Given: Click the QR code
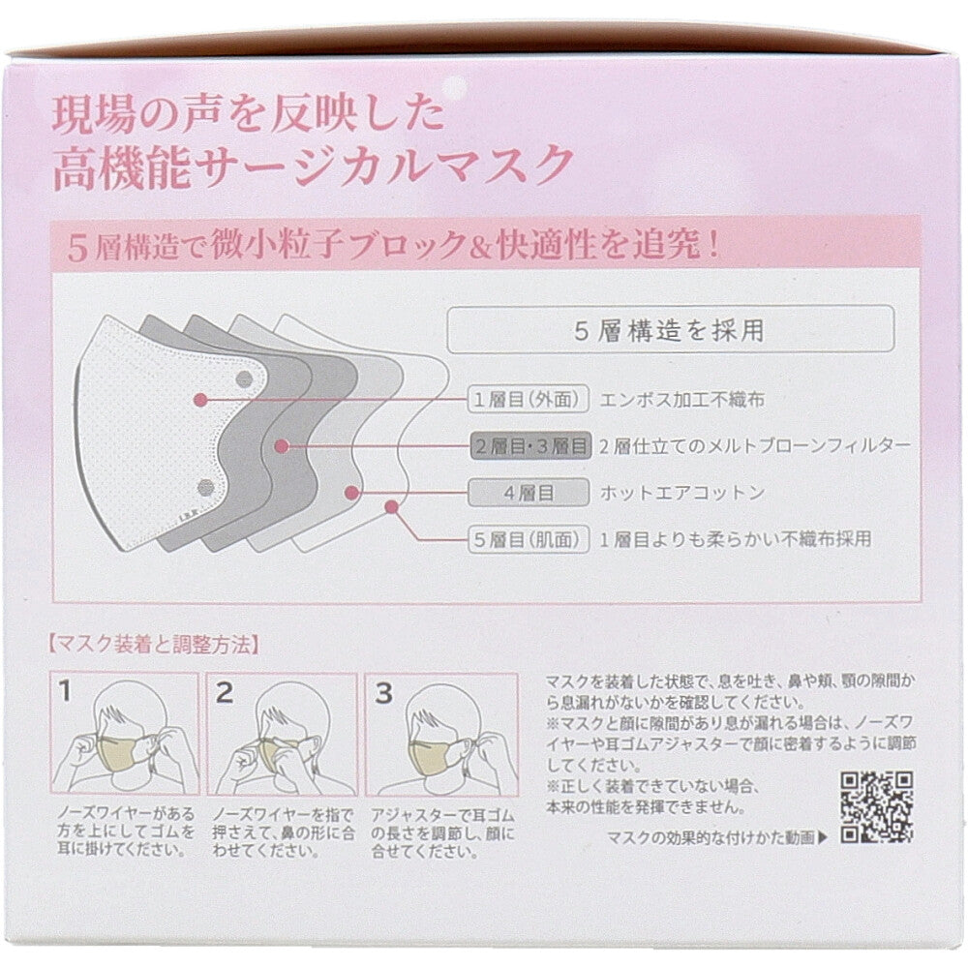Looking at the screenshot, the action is (877, 807).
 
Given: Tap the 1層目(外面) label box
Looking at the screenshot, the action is (529, 400).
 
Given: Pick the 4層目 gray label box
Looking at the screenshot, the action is (529, 493).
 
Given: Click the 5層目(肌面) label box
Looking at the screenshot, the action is (529, 539).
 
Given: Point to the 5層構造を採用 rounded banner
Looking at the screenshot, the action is (671, 330).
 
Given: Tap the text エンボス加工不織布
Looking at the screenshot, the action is (682, 400).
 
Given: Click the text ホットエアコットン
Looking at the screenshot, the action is (682, 493).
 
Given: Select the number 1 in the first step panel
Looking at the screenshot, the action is (65, 691).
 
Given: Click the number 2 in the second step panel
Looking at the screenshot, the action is (225, 692).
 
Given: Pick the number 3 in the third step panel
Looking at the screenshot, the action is (383, 693).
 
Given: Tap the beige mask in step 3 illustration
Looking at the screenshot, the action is (432, 755).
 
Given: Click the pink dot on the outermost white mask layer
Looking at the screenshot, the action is (200, 400).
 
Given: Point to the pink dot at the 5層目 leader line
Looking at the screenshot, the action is (391, 507).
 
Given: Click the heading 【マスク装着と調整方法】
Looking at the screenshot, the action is (153, 645).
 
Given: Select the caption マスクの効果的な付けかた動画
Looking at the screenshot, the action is (711, 837).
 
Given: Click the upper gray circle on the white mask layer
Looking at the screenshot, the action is (245, 379).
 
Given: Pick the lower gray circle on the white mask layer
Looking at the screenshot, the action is (205, 489).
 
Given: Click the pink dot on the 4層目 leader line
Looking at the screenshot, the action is (352, 493).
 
